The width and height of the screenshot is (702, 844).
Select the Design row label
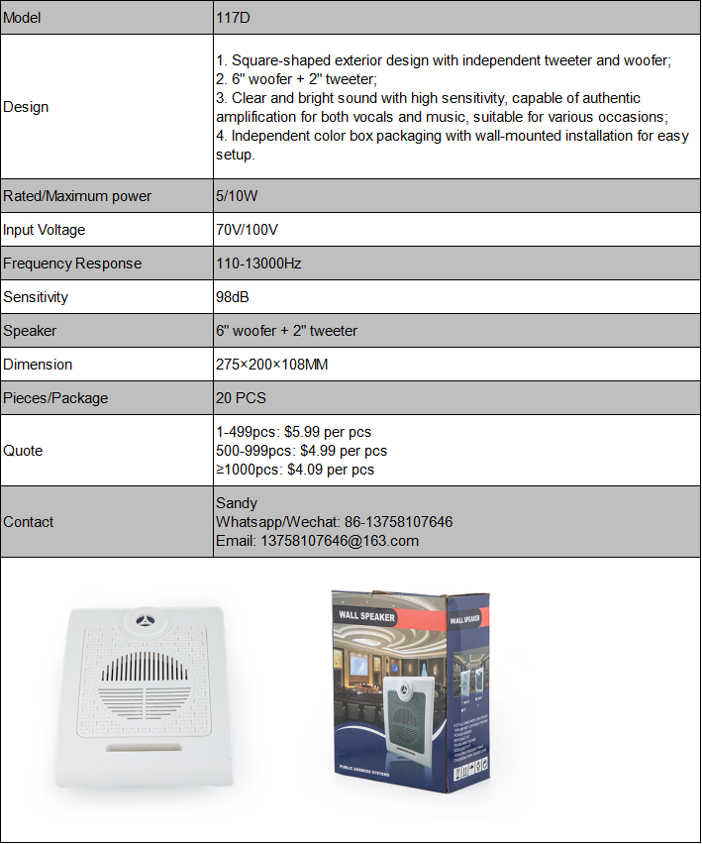pos(26,107)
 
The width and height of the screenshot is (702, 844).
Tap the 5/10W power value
pos(237,196)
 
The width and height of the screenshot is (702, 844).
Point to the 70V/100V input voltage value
pos(248,230)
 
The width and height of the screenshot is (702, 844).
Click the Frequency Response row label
pos(72,264)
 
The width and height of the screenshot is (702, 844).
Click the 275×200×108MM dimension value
pos(271,365)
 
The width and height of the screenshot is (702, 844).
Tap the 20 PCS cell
pos(241,398)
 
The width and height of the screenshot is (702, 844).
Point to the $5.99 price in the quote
pos(306,432)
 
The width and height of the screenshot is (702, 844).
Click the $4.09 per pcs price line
pos(331,470)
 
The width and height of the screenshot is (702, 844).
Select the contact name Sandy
pos(237,503)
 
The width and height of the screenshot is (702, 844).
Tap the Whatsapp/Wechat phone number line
pos(334,522)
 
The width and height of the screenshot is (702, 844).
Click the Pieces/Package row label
pos(55,398)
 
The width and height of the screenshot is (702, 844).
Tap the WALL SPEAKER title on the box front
pos(366,617)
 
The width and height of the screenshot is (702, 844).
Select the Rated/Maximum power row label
pos(77,196)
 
